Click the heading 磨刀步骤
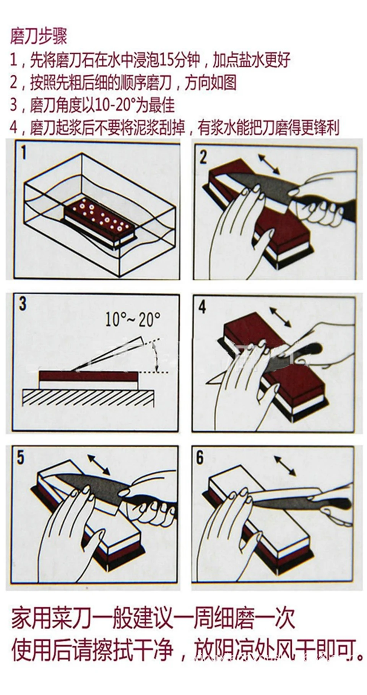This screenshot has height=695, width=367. tap(39, 36)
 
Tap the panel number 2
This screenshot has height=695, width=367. tap(203, 157)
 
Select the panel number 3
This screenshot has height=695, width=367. tap(23, 304)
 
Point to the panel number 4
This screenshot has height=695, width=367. tap(202, 307)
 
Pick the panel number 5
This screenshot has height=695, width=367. tap(21, 458)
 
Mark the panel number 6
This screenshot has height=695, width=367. tap(200, 458)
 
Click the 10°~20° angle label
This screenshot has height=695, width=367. tap(133, 319)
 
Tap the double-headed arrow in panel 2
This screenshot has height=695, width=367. tap(269, 164)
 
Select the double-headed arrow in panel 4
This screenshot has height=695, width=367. tap(280, 317)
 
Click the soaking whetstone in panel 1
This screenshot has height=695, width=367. tap(100, 221)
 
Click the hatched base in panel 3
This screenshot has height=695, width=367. tap(89, 399)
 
